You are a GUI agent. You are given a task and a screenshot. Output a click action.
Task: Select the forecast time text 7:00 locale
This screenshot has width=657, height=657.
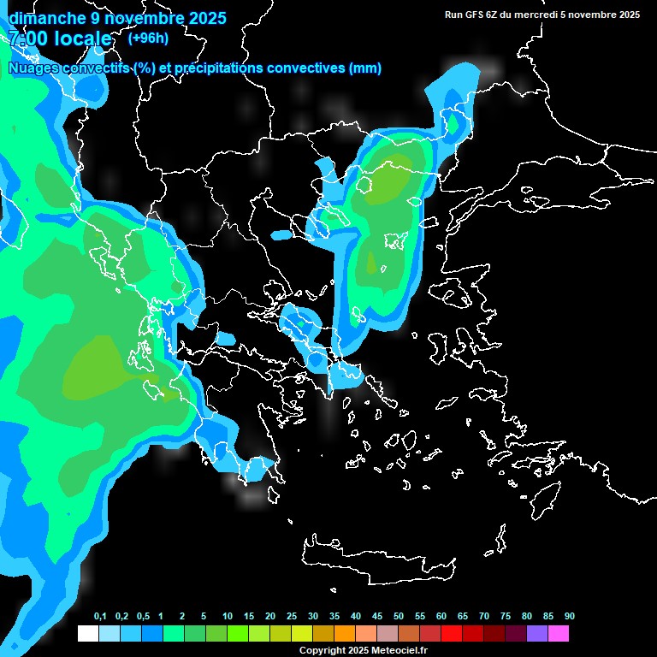point(60,38)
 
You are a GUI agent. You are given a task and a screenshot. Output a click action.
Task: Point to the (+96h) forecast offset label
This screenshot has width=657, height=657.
point(148,38)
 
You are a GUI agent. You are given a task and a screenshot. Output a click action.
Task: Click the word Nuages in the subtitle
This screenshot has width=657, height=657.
point(33,68)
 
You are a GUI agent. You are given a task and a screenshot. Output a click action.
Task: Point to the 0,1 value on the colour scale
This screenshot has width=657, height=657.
point(100,617)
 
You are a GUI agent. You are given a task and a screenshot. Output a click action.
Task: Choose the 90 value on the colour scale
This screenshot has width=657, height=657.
point(570,617)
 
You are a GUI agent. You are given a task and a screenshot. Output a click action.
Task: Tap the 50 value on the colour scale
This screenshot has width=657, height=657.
point(399,617)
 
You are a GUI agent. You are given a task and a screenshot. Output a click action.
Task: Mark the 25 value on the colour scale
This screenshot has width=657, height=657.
point(292,617)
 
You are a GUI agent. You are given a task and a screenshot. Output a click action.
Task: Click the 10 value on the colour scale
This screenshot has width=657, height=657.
point(228,617)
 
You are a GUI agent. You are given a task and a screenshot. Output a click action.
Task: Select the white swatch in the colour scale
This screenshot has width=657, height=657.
point(87,634)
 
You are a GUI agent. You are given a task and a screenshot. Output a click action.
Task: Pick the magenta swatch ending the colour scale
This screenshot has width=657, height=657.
point(558,634)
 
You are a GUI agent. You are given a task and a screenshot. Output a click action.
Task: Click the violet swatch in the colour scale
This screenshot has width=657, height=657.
point(536,634)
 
